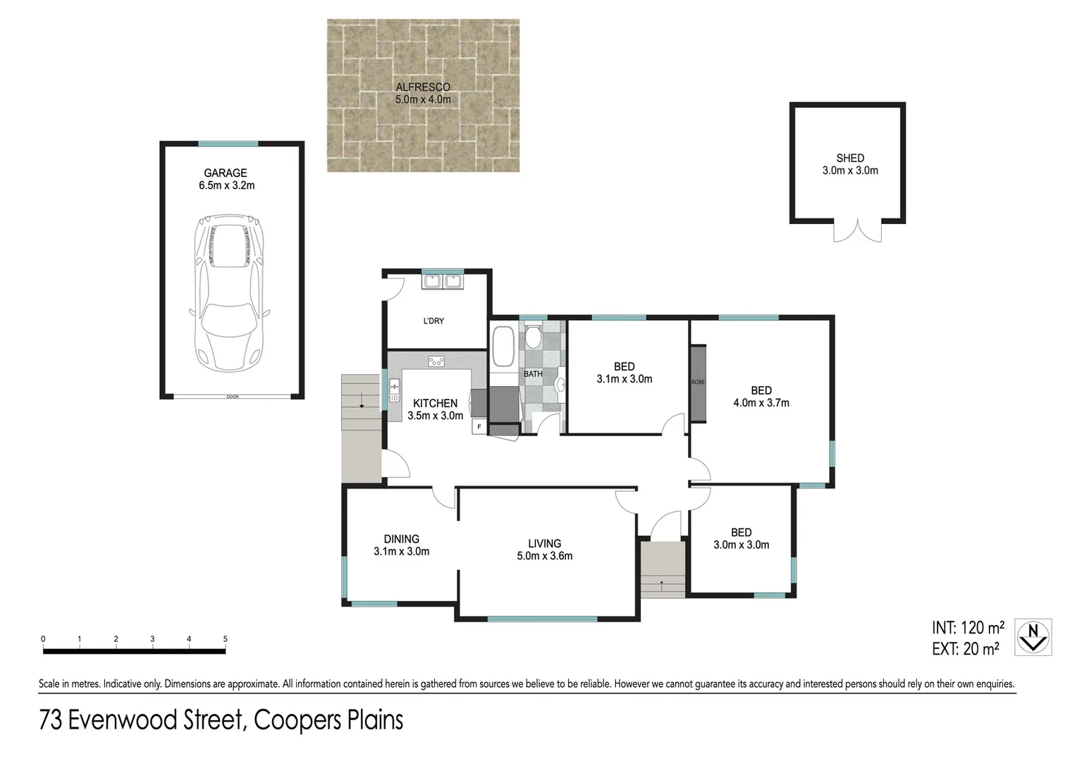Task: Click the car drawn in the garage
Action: coord(230,292)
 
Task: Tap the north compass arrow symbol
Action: coord(1033,637)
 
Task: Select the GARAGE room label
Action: coord(226,173)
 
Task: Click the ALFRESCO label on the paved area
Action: coord(423,87)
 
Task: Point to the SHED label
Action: coord(850,158)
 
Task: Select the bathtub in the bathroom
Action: coord(503,346)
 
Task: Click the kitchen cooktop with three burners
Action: coord(436,361)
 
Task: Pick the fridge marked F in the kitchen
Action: coord(479,426)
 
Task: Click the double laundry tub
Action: coord(443,281)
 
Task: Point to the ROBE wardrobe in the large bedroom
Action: coord(698,383)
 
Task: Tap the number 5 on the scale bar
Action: coord(225,639)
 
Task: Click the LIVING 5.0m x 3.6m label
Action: coord(544,550)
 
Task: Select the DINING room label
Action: coord(402,539)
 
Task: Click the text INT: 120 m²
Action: coord(968,628)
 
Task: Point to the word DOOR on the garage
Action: coord(232,397)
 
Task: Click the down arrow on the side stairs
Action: coord(362,400)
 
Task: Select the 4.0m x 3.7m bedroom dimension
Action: coord(761,403)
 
